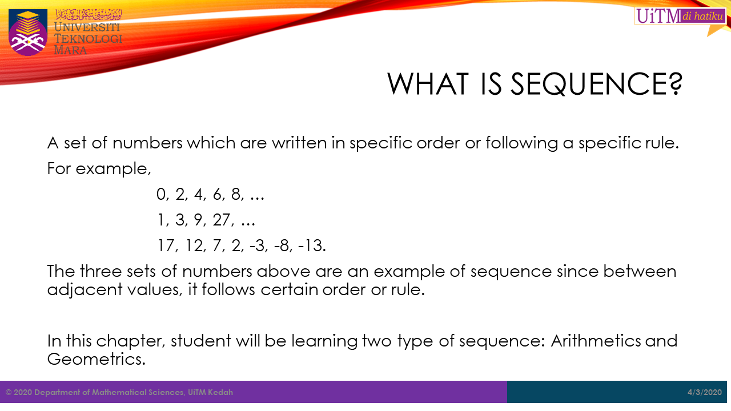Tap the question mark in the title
tap(674, 84)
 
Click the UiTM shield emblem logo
tap(28, 32)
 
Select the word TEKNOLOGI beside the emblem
tap(88, 39)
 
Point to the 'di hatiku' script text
tap(702, 16)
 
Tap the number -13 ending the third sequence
tap(312, 245)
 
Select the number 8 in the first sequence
tap(237, 195)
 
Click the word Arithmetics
tap(596, 341)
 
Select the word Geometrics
tap(97, 359)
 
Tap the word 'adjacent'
tap(85, 289)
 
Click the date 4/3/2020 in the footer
tap(705, 392)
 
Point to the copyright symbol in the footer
tap(9, 392)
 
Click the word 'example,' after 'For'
tap(113, 169)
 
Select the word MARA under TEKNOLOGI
tap(70, 50)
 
